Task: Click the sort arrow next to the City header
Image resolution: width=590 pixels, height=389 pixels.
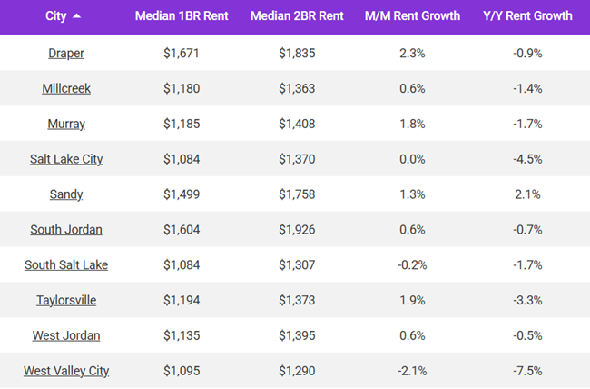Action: point(76,16)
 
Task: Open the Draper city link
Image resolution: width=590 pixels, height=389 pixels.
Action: point(65,53)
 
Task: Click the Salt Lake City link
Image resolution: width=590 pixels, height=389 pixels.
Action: point(65,159)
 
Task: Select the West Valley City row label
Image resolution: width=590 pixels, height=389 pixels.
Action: point(65,371)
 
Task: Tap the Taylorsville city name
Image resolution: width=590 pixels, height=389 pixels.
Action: point(65,300)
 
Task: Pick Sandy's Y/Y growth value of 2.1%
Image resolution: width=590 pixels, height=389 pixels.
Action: point(528,194)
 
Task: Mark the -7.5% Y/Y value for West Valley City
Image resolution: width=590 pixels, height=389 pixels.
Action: point(528,371)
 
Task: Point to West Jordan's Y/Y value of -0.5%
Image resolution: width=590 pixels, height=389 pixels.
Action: point(528,335)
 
